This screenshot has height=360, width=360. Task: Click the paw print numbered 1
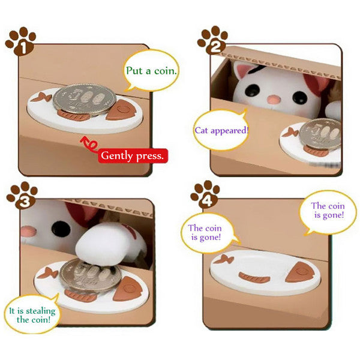coord(22,41)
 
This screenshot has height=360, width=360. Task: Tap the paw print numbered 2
coord(213,40)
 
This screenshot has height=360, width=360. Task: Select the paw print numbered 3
coord(23,196)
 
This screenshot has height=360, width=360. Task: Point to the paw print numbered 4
coord(206,194)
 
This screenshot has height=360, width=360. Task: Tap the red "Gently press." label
coord(133,156)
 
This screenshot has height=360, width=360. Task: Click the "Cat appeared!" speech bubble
coord(221,130)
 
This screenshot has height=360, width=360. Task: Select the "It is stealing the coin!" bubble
coord(32,314)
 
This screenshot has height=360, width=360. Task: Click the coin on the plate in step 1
coord(85,99)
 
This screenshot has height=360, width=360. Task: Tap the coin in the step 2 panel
coord(321,134)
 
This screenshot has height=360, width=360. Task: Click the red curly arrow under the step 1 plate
coord(89,144)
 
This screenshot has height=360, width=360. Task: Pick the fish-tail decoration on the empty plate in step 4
coord(223,259)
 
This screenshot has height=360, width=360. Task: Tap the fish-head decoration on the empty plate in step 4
coord(298,272)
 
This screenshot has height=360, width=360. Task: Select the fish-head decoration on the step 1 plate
coord(121,110)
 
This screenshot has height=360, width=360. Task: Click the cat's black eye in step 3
coord(61,228)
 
